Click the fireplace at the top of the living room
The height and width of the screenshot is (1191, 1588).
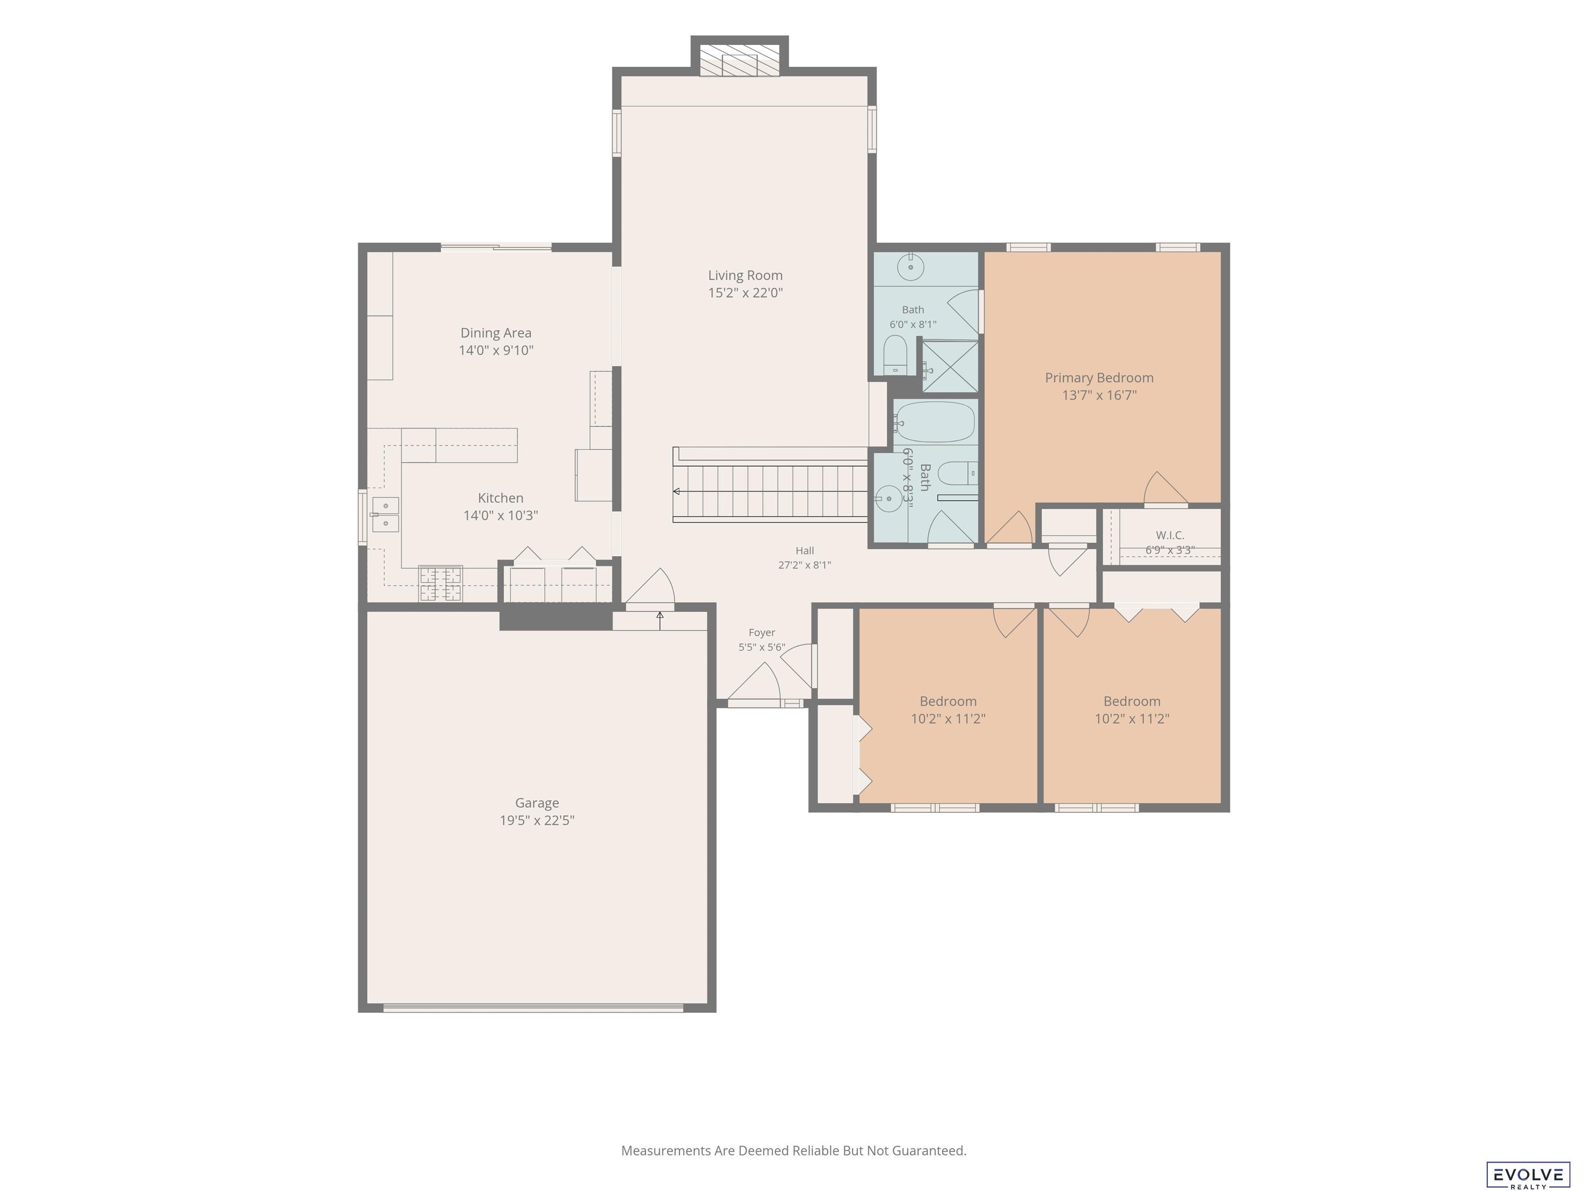pyautogui.click(x=739, y=60)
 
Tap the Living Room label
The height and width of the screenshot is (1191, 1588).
pyautogui.click(x=745, y=275)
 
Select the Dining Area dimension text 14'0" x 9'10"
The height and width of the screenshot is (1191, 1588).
pyautogui.click(x=496, y=350)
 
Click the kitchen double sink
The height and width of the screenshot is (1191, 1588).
pyautogui.click(x=386, y=514)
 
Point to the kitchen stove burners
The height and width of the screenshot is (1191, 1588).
pyautogui.click(x=441, y=583)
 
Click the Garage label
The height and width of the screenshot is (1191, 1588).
pyautogui.click(x=537, y=803)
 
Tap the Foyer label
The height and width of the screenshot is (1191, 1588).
pyautogui.click(x=762, y=633)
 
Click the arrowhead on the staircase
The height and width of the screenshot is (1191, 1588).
pyautogui.click(x=676, y=492)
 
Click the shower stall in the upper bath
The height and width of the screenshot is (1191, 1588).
pyautogui.click(x=950, y=366)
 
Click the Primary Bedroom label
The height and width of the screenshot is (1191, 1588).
pyautogui.click(x=1099, y=378)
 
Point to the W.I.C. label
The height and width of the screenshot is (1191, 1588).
pyautogui.click(x=1170, y=535)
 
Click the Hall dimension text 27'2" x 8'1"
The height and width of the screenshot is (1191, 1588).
pyautogui.click(x=805, y=565)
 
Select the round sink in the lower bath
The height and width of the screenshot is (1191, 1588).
pyautogui.click(x=889, y=498)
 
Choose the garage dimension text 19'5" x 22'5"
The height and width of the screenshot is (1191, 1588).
pyautogui.click(x=537, y=820)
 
